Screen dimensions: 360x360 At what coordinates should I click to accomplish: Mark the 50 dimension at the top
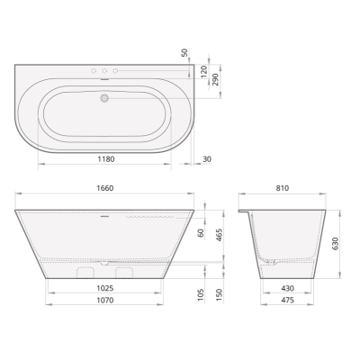point(184,54)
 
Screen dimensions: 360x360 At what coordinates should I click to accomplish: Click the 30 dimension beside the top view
point(207,159)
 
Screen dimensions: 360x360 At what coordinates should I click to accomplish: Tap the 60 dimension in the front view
point(200,233)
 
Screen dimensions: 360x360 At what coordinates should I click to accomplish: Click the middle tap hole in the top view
point(103,71)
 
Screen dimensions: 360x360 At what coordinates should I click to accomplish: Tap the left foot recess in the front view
point(86,271)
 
